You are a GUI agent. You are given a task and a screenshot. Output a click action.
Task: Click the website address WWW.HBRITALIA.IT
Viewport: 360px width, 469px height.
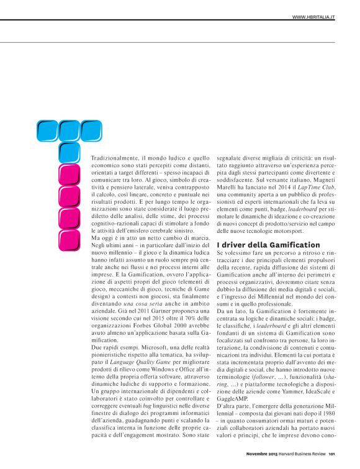[313, 17]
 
